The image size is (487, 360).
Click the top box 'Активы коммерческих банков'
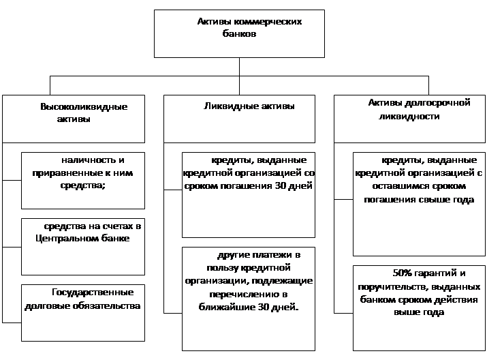[239, 33]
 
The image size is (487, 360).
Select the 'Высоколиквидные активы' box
[74, 119]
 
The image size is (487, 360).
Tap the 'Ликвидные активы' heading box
[239, 119]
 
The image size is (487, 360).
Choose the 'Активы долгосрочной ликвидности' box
[409, 119]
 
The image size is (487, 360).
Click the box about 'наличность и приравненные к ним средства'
[83, 180]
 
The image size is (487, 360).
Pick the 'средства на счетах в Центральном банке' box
[83, 247]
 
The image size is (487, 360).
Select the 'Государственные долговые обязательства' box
[83, 313]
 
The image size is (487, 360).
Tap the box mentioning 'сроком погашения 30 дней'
[249, 194]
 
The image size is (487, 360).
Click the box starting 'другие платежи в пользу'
[249, 299]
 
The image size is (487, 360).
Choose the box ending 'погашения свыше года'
[419, 204]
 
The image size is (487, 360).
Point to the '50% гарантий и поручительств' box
[419, 308]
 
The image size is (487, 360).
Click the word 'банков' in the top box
[239, 33]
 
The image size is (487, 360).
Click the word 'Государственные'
[93, 292]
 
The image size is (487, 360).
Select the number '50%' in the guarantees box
[403, 273]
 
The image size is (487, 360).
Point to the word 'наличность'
[84, 160]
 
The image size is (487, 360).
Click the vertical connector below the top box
[239, 76]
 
